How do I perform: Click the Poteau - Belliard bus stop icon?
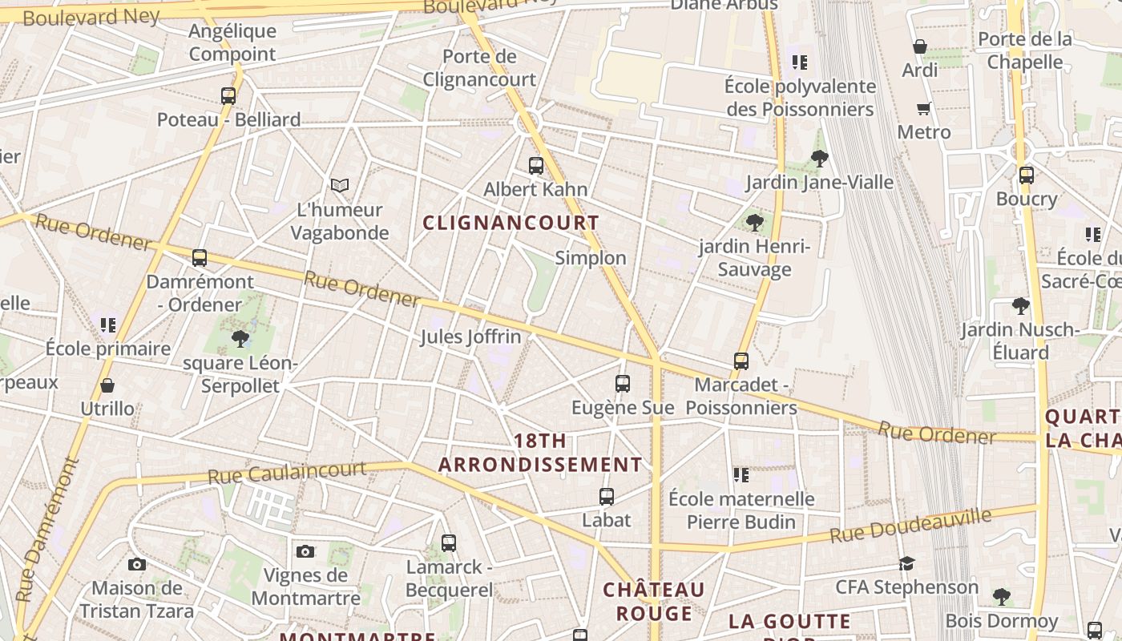coord(228,96)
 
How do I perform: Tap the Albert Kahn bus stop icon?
coord(536,166)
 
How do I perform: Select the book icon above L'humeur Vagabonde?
coord(340,186)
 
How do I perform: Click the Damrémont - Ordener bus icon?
coord(200,258)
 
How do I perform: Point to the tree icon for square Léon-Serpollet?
coord(240,339)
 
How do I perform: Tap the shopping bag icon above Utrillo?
coord(107,385)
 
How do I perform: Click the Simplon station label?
coord(591,258)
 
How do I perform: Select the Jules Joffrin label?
coord(470,337)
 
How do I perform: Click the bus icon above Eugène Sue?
coord(623,384)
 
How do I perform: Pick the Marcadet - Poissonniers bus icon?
coord(741,361)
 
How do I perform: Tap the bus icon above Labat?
coord(607,497)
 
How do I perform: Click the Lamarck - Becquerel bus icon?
coord(449,543)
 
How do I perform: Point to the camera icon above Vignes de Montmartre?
coord(305,551)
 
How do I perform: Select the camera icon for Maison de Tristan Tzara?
coord(137,564)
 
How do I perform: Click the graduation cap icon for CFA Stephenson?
coord(906,563)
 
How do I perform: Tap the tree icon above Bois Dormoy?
coord(1001,596)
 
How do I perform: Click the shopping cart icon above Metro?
coord(924,108)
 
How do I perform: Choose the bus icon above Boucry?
coord(1027,175)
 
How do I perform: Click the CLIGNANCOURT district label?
coord(511,224)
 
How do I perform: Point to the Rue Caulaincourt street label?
coord(287,473)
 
